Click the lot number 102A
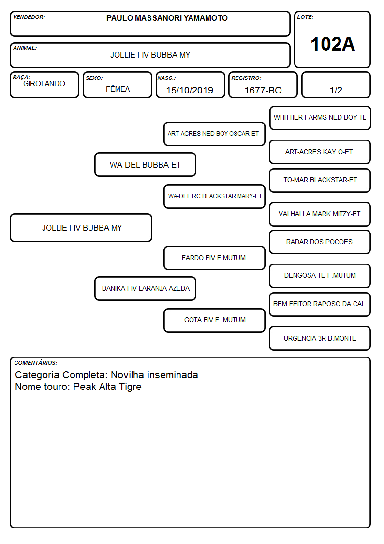pos(332,44)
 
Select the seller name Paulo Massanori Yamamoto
pos(167,18)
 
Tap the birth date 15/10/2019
pos(190,90)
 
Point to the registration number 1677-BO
pos(263,90)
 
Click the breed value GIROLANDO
pos(44,84)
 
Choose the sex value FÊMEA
pos(118,89)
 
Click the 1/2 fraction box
pos(336,85)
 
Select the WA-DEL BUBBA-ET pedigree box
pos(146,164)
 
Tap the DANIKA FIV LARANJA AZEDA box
pos(146,288)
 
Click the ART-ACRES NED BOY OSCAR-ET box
pos(214,134)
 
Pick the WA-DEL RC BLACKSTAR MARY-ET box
pos(214,196)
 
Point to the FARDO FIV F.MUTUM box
pos(214,258)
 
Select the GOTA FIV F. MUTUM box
pos(214,320)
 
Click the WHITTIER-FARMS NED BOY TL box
pos(320,118)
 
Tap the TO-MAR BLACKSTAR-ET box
pos(320,180)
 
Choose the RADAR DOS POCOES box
pos(320,242)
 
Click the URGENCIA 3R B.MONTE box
pos(320,338)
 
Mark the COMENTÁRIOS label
pos(36,363)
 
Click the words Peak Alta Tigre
pos(107,387)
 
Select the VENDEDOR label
pos(29,17)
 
